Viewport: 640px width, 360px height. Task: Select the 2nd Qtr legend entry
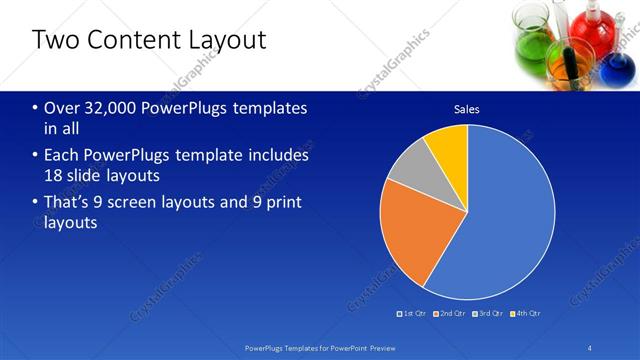click(x=453, y=313)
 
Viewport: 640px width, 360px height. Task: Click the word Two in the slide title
click(x=52, y=41)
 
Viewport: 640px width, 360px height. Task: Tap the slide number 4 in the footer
click(x=590, y=348)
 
